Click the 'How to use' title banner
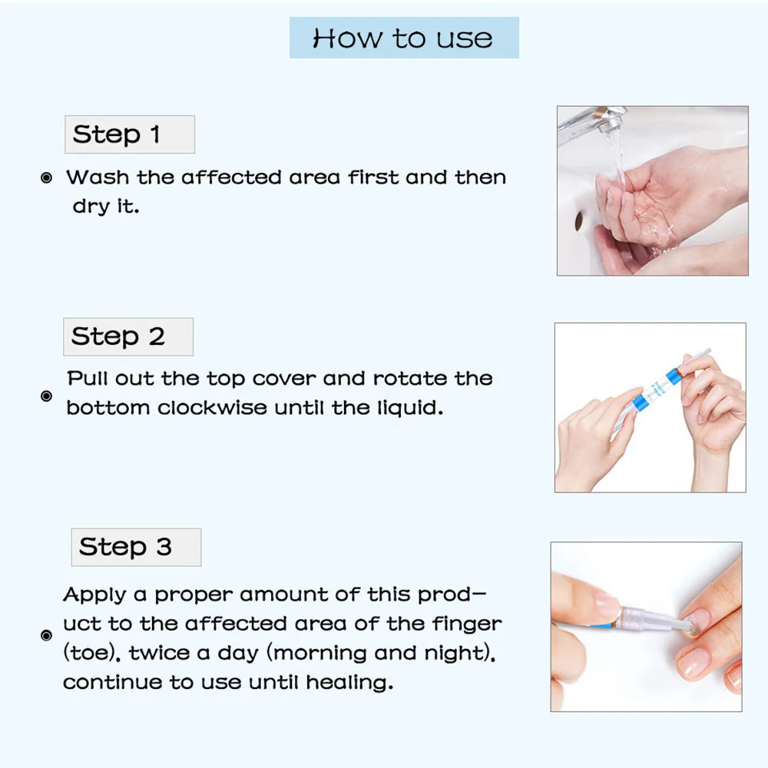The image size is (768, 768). click(x=404, y=38)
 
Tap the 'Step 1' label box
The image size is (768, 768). click(x=130, y=134)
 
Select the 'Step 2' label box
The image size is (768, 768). click(x=128, y=337)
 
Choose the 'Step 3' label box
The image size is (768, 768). click(x=136, y=547)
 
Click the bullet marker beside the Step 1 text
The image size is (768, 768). click(x=47, y=178)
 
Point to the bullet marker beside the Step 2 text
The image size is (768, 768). click(x=47, y=396)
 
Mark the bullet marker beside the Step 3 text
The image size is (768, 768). click(x=47, y=635)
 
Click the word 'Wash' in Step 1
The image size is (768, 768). click(x=98, y=177)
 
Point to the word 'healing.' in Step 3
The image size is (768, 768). click(x=349, y=682)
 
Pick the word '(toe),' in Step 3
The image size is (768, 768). click(x=92, y=653)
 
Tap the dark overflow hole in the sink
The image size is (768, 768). click(x=579, y=221)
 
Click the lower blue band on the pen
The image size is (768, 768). click(x=637, y=401)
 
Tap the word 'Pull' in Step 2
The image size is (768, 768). click(x=88, y=378)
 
